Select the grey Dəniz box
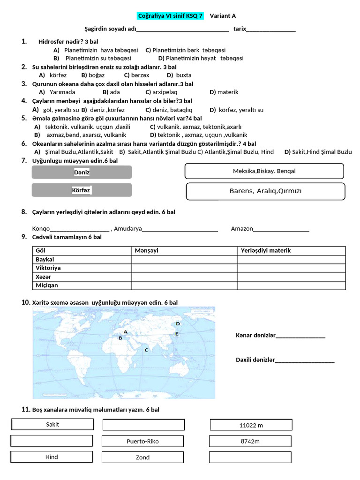[x=82, y=172]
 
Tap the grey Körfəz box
[x=82, y=190]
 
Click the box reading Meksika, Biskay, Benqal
[x=264, y=171]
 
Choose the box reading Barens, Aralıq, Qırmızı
[x=266, y=191]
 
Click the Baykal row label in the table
[x=45, y=259]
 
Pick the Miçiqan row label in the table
[x=47, y=285]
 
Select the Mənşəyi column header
[x=147, y=250]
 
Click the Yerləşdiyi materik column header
[x=266, y=250]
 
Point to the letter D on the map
[x=178, y=324]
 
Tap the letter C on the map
[x=147, y=350]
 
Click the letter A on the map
[x=125, y=332]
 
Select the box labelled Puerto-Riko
[x=143, y=441]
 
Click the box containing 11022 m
[x=251, y=425]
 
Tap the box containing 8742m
[x=250, y=441]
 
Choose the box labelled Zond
[x=143, y=457]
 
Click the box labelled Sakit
[x=52, y=424]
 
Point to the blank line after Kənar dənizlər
[x=300, y=336]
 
